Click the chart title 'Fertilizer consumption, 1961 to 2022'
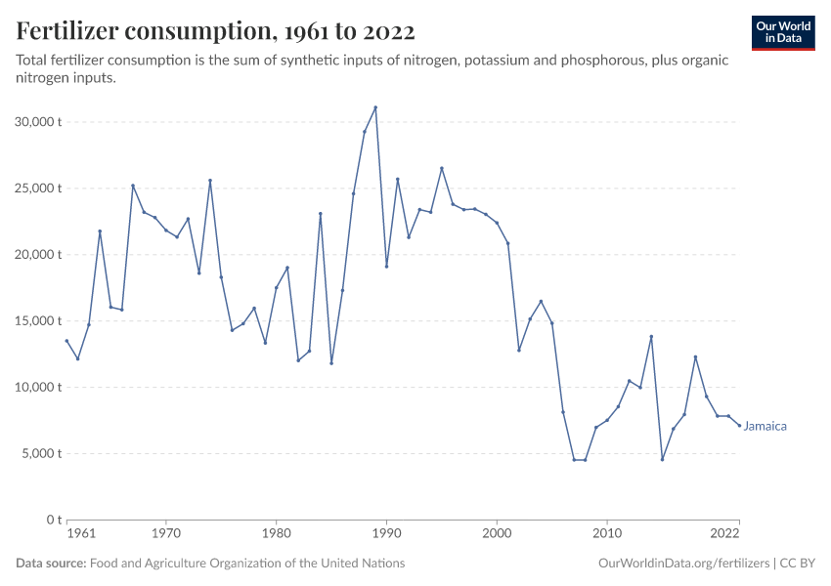pyautogui.click(x=216, y=31)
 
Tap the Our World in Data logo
pyautogui.click(x=783, y=32)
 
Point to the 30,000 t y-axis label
pyautogui.click(x=40, y=122)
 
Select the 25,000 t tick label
pyautogui.click(x=40, y=188)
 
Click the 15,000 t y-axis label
pyautogui.click(x=40, y=321)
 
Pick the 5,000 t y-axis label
pyautogui.click(x=43, y=454)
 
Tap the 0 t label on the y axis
pyautogui.click(x=55, y=520)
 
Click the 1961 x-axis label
pyautogui.click(x=81, y=534)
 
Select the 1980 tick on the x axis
pyautogui.click(x=276, y=534)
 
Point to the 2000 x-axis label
pyautogui.click(x=497, y=534)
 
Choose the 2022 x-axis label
pyautogui.click(x=724, y=534)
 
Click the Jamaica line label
pyautogui.click(x=765, y=426)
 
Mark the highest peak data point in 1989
pyautogui.click(x=375, y=107)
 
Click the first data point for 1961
pyautogui.click(x=66, y=341)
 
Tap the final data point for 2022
pyautogui.click(x=739, y=425)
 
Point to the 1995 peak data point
pyautogui.click(x=442, y=168)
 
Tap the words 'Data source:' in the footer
pyautogui.click(x=51, y=564)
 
